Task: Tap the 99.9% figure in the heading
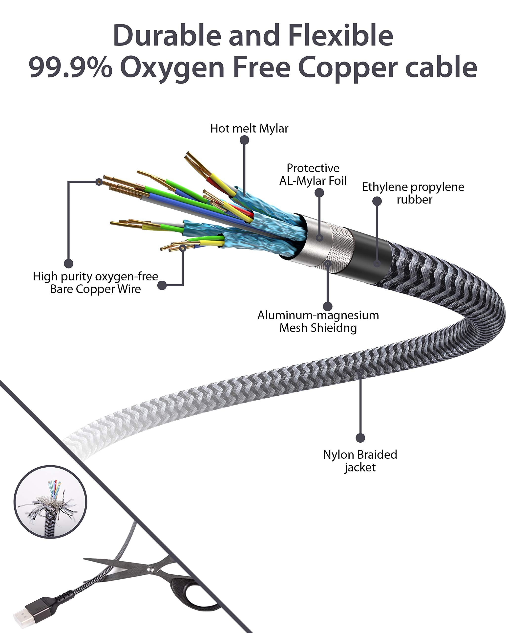70,68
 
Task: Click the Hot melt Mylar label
249,129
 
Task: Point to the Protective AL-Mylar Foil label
313,174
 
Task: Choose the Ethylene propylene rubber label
413,193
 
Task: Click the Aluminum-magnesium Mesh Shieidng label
318,321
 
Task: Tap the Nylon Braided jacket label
360,461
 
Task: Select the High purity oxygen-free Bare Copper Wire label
95,282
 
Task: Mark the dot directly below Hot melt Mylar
244,140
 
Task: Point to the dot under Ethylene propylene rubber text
377,201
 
